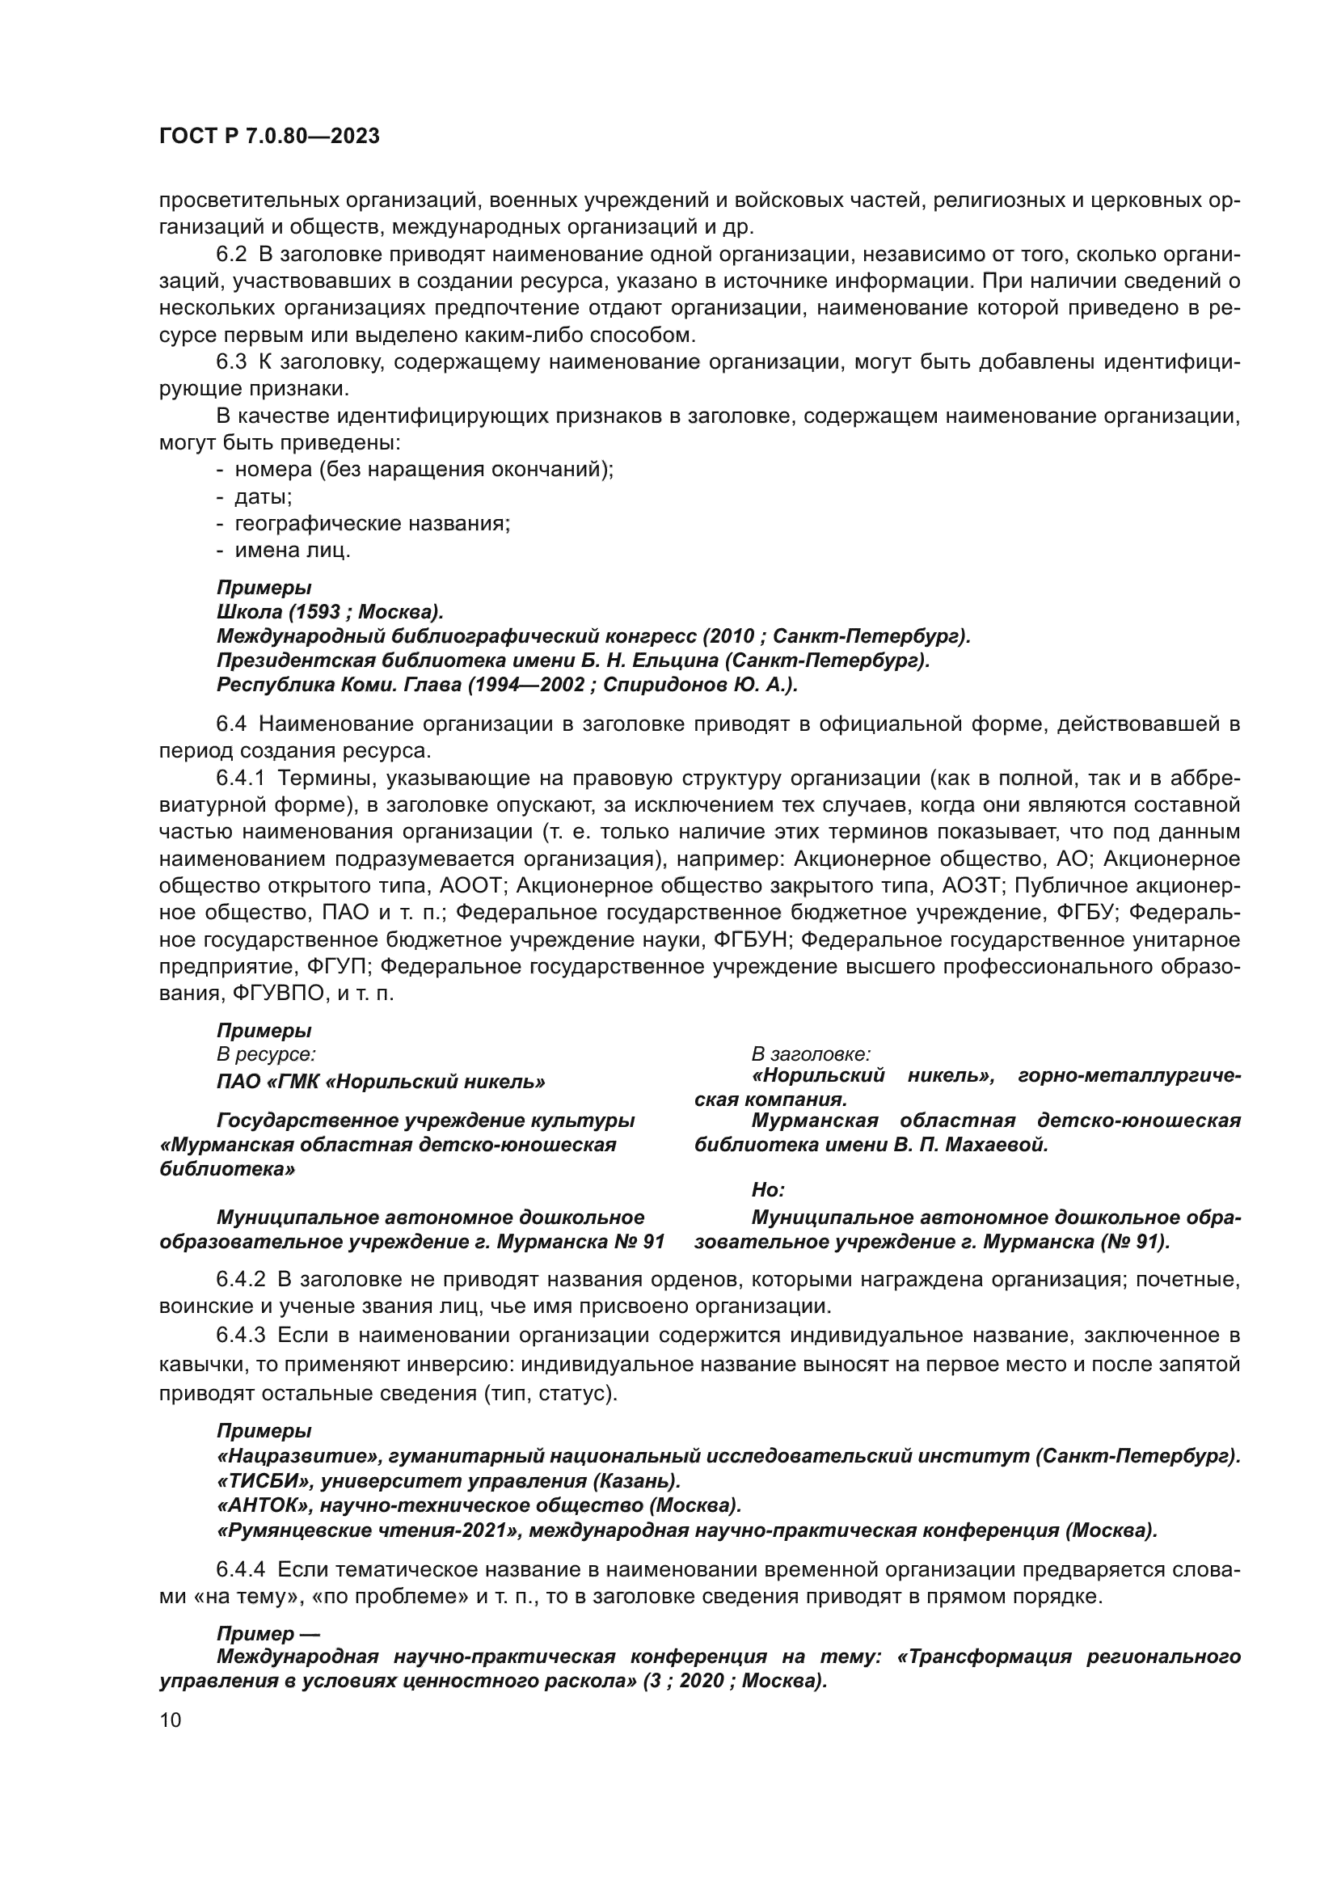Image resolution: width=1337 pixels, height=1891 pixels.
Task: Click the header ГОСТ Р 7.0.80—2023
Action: (269, 137)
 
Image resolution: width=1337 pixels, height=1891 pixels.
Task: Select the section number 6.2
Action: (230, 255)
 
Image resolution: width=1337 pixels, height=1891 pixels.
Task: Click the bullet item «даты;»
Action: (263, 496)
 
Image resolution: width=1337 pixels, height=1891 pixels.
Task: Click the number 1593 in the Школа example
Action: (316, 612)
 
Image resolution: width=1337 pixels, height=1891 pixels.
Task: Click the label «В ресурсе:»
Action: (266, 1054)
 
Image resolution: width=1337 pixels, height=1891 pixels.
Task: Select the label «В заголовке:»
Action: (811, 1054)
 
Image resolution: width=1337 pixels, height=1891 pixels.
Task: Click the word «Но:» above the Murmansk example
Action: (767, 1190)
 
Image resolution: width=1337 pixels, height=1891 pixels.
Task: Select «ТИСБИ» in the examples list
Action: (263, 1481)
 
